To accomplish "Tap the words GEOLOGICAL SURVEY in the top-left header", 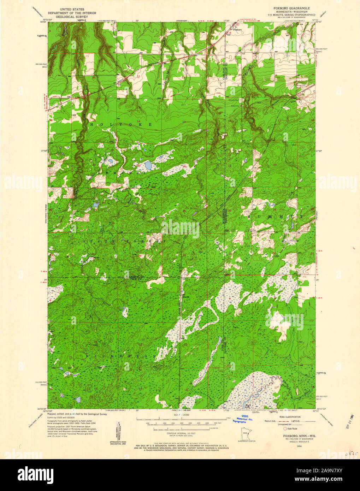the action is (78, 17).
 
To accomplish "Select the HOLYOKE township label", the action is (121, 125).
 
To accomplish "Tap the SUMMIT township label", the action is (275, 216).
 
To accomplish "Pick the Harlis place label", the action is (186, 297).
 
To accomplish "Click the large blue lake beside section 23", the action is (148, 165).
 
